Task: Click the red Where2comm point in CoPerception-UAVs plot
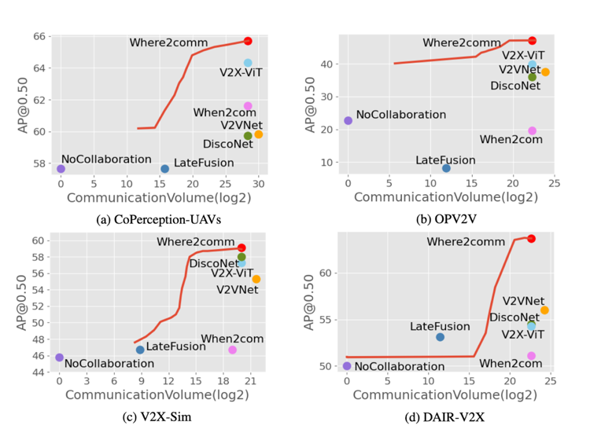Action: (248, 41)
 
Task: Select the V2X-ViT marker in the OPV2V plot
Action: (532, 64)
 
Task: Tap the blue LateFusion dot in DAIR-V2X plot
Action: (440, 337)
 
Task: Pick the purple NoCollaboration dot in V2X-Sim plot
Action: (60, 357)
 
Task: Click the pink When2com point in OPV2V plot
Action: (532, 130)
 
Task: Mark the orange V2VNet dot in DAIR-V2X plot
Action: (544, 310)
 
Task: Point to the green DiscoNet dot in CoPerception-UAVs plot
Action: (248, 136)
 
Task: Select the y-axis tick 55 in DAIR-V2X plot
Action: (334, 321)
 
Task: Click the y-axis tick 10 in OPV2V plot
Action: (334, 163)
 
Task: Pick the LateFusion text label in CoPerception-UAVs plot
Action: (204, 163)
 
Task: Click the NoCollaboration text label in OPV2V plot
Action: (400, 115)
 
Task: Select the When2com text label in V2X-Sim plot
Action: (232, 339)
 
